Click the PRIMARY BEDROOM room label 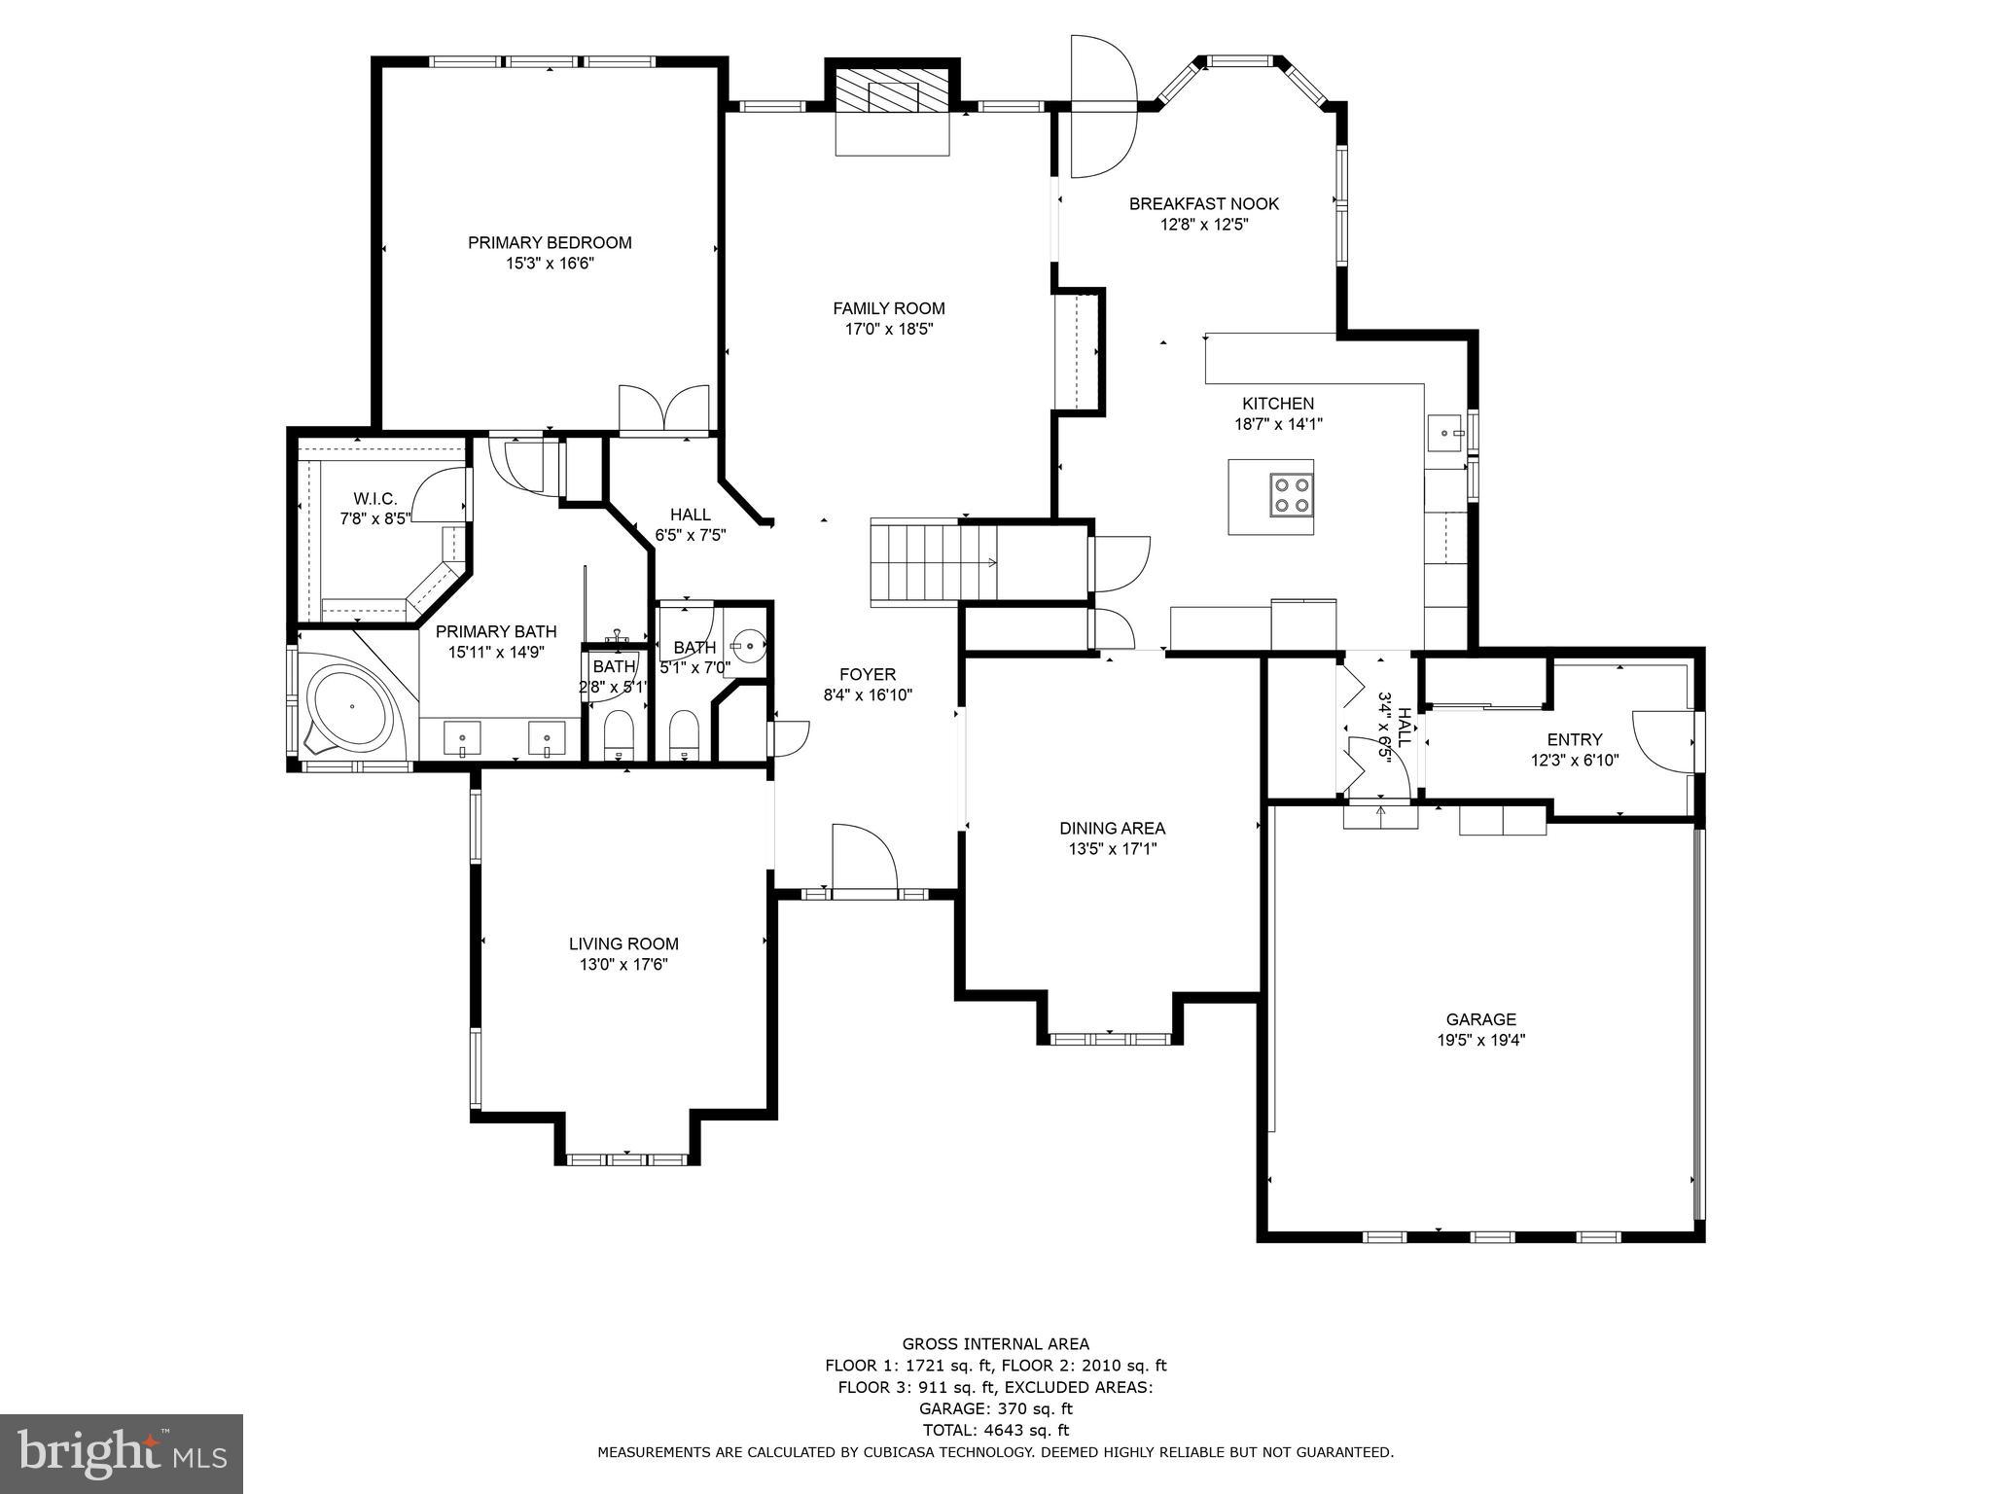pos(550,242)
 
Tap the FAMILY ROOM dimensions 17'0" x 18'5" pos(888,330)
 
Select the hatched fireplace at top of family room pos(893,94)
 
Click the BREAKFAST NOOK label pos(1203,203)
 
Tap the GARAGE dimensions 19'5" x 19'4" pos(1480,1040)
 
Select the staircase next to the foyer pos(932,562)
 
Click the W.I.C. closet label pos(374,498)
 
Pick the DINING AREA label pos(1112,828)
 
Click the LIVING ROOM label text pos(623,943)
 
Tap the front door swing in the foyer pos(863,856)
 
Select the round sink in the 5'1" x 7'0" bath pos(749,644)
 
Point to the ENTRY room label pos(1574,739)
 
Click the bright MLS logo pos(122,1454)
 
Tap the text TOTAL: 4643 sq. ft pos(995,1430)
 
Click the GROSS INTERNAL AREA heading pos(995,1344)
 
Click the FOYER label pos(868,674)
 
